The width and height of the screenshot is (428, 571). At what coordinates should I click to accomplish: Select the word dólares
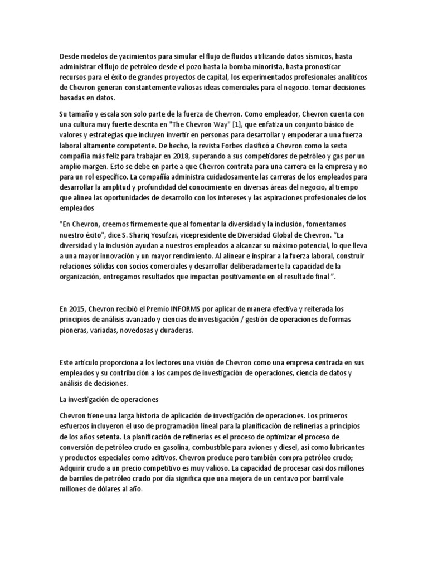click(x=110, y=490)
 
